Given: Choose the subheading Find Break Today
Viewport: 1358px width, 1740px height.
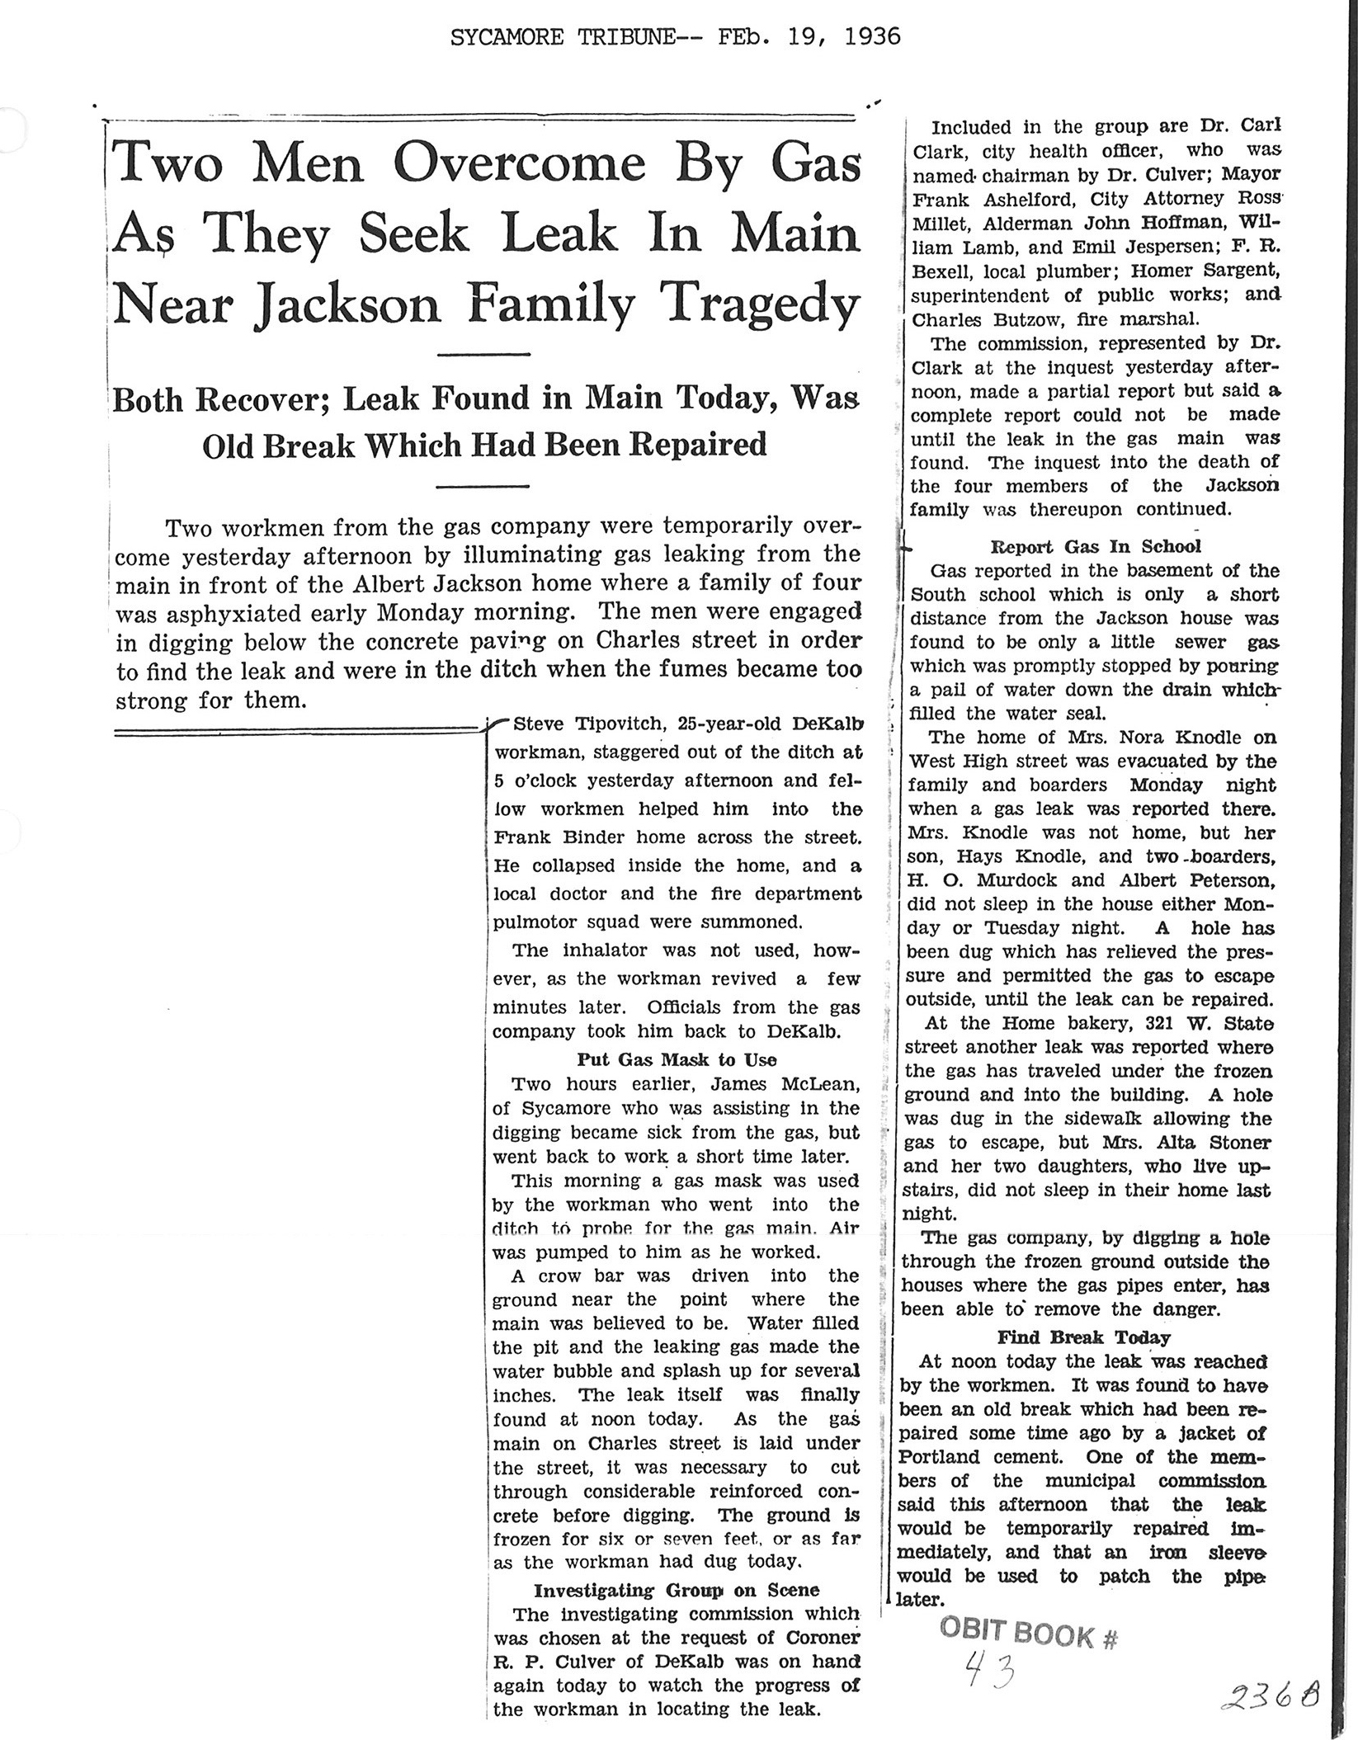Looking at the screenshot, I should pyautogui.click(x=1084, y=1337).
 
